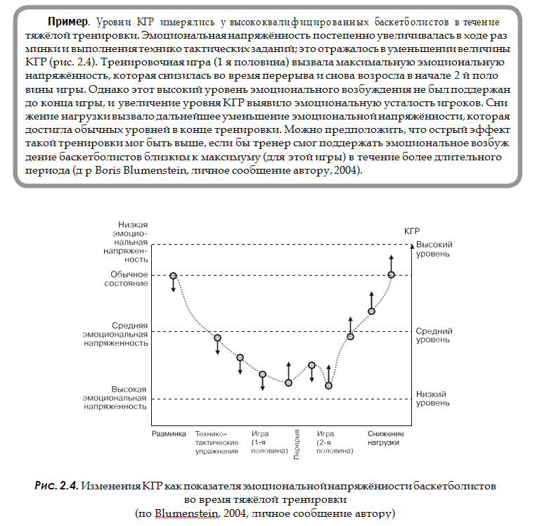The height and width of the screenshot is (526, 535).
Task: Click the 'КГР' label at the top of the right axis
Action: [x=413, y=231]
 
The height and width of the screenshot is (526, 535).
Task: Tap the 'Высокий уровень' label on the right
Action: [x=432, y=248]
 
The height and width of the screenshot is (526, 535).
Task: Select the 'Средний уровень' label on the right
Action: [x=432, y=335]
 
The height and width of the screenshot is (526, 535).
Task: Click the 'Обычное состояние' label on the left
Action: [x=129, y=278]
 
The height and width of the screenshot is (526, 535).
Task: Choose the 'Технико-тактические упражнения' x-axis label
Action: [x=217, y=442]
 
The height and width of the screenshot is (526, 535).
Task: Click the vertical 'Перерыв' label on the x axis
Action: [x=297, y=444]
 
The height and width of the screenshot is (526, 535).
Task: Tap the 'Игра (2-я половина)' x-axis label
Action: [x=333, y=442]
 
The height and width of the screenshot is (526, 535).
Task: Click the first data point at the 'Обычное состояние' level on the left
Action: [x=173, y=275]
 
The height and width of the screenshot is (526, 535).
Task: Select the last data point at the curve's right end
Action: [x=391, y=274]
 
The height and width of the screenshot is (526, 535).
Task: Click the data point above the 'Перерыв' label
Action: [x=288, y=383]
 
